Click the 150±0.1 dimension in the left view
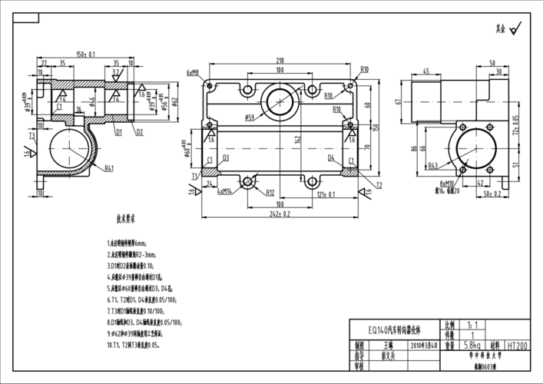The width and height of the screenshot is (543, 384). tap(86, 55)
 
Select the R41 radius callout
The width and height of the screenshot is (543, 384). tap(110, 167)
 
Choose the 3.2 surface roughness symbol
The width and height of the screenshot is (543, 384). tap(115, 71)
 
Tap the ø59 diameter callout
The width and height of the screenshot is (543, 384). tap(250, 118)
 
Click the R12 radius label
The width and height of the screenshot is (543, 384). tap(270, 193)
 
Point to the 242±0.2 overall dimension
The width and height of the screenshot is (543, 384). tap(280, 214)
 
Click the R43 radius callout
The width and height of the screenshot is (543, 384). tap(433, 165)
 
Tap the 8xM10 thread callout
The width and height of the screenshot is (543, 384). tap(447, 184)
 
